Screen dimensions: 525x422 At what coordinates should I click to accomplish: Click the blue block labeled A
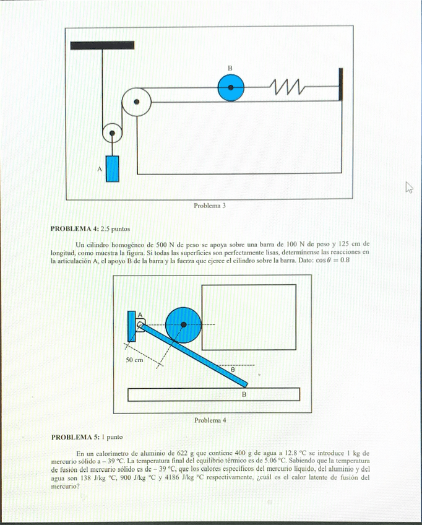pyautogui.click(x=112, y=168)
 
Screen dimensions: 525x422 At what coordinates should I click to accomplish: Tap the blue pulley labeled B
pyautogui.click(x=230, y=88)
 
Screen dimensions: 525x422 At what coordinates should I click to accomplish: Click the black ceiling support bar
pyautogui.click(x=93, y=45)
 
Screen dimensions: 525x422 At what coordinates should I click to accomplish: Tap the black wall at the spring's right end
pyautogui.click(x=340, y=85)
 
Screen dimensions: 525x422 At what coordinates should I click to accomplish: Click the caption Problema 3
pyautogui.click(x=210, y=205)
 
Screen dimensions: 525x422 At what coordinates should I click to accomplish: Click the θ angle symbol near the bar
pyautogui.click(x=233, y=370)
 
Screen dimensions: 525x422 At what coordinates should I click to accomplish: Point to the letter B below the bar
pyautogui.click(x=244, y=394)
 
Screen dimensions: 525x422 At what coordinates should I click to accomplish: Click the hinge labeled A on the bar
pyautogui.click(x=140, y=324)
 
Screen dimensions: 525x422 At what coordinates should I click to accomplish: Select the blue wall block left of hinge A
pyautogui.click(x=131, y=325)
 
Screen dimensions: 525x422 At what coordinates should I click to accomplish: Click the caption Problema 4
pyautogui.click(x=210, y=420)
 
